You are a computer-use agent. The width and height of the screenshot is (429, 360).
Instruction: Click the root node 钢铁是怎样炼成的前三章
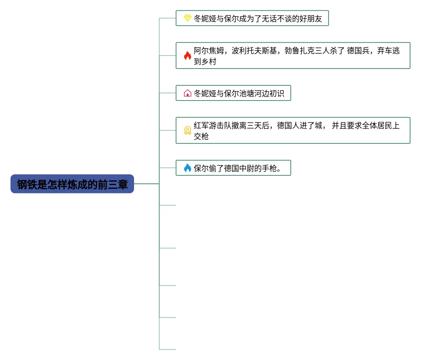[x=72, y=184]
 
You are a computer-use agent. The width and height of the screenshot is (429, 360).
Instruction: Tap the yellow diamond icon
[x=187, y=18]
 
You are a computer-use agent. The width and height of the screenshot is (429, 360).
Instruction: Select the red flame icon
[x=187, y=56]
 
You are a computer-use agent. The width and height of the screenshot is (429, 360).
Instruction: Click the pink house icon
[x=187, y=93]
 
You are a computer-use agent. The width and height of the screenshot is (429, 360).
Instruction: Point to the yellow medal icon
[x=187, y=130]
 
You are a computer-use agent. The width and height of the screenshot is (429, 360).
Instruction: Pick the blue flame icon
[x=187, y=168]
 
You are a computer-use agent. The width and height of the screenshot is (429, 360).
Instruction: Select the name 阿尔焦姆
[x=209, y=51]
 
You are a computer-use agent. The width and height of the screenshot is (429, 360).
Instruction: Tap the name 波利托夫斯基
[x=254, y=51]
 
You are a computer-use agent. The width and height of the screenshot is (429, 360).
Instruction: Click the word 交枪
[x=201, y=137]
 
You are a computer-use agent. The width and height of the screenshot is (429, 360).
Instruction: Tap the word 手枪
[x=269, y=168]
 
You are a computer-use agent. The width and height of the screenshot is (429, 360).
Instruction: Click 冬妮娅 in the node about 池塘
[x=205, y=93]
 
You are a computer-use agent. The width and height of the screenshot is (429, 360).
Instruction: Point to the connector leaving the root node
[x=146, y=184]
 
